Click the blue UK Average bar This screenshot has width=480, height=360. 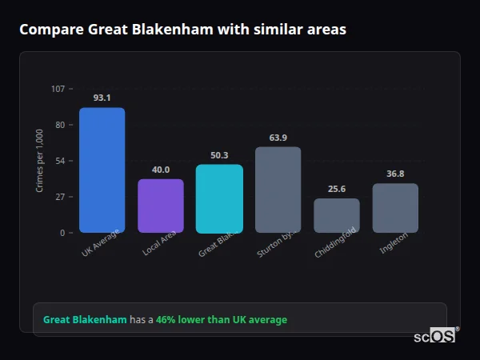coord(102,170)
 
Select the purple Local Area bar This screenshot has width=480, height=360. coord(161,206)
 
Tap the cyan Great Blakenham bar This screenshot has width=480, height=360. coord(219,198)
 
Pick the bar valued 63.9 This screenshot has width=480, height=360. coord(278,190)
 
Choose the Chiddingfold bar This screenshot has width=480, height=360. coord(337,215)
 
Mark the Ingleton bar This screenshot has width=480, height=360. coord(395,208)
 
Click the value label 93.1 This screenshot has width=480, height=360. coord(102,98)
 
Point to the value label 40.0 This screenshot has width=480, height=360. coord(161,170)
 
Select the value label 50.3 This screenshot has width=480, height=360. coord(219,155)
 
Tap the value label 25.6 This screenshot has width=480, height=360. coord(337,189)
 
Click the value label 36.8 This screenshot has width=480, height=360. coord(395,174)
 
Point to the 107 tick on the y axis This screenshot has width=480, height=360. coord(58,89)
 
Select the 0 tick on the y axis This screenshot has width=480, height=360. coord(62,233)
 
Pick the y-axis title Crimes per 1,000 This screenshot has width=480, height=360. coord(40,161)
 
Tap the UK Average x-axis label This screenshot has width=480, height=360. coord(100,243)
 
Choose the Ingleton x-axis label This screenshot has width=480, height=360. coord(394,242)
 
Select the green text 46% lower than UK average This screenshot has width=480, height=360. coord(222,320)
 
